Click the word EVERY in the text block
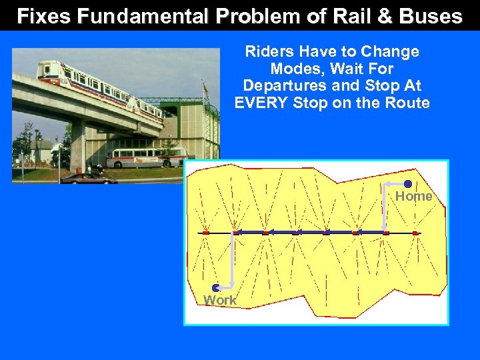262,103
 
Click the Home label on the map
414,196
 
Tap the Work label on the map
220,301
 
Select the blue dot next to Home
408,184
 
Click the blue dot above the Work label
216,288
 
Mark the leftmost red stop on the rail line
206,233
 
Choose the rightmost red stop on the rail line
415,233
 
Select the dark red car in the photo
89,178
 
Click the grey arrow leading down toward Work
231,260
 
